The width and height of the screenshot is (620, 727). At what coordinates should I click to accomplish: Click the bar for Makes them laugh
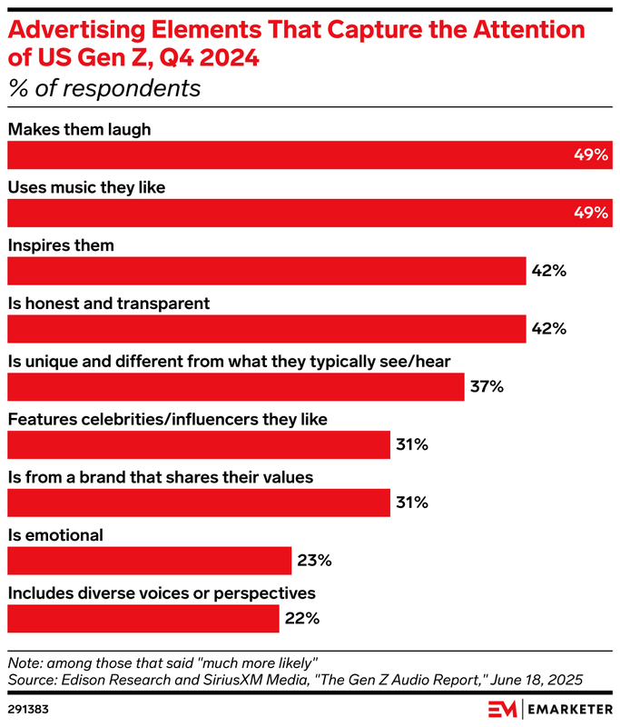[309, 155]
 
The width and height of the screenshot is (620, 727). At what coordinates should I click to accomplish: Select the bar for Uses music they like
[309, 213]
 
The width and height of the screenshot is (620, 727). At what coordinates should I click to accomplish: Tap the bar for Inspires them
[267, 271]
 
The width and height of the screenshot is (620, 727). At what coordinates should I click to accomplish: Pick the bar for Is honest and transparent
[267, 328]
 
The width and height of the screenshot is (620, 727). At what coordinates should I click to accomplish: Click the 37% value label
[487, 386]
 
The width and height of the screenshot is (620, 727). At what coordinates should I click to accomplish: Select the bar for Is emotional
[149, 561]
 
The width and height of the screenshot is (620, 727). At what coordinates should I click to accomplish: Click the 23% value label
[313, 561]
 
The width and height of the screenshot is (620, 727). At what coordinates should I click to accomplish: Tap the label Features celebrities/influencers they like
[168, 419]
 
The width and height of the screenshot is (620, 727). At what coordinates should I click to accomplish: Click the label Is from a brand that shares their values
[161, 477]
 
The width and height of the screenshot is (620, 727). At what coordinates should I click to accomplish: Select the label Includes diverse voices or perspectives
[162, 593]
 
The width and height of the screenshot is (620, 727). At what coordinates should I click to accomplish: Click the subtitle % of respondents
[104, 89]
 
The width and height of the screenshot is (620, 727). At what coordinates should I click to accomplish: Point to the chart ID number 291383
[28, 706]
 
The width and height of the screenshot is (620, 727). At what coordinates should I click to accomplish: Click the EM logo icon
[502, 708]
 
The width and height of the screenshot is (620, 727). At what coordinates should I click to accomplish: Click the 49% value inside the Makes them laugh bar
[590, 155]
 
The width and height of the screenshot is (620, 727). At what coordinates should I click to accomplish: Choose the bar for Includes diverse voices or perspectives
[143, 619]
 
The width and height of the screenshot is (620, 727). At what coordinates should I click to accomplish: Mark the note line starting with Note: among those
[162, 662]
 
